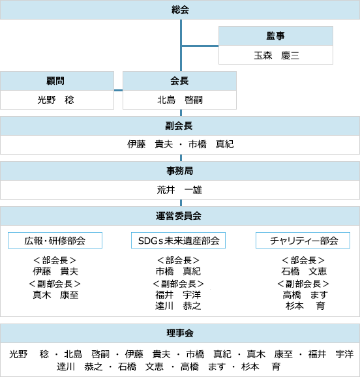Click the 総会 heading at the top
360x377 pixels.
pos(180,10)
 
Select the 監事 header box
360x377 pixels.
pos(276,36)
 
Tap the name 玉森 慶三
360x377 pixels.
pos(277,55)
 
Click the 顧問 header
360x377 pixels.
pos(55,81)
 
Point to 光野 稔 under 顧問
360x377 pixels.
pos(55,100)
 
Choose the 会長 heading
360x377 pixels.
pos(179,81)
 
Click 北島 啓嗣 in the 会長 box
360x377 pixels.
pos(180,100)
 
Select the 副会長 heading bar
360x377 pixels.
pos(180,126)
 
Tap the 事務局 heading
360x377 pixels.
pos(180,171)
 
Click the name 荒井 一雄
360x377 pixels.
pos(179,190)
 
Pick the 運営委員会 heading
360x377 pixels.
pos(179,216)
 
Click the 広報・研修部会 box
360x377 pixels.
pos(55,240)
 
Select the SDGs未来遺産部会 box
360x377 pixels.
pos(178,240)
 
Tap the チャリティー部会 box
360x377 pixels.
pos(303,240)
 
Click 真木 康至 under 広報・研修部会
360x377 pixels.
pos(55,295)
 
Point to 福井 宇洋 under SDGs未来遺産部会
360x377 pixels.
pos(178,295)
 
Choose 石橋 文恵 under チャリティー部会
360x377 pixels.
pos(304,271)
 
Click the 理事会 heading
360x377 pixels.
pos(180,333)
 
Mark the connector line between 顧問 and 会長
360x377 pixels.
pos(118,91)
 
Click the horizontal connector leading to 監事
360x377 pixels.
pos(200,46)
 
